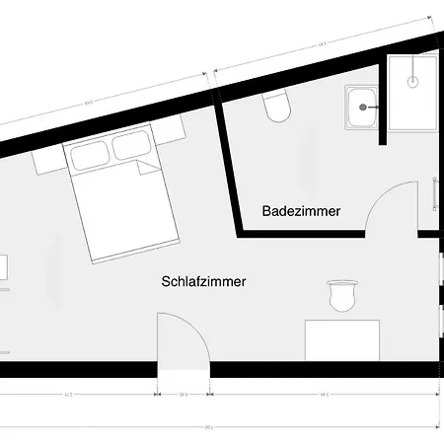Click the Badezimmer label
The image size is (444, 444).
click(301, 211)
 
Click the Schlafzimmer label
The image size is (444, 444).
click(203, 281)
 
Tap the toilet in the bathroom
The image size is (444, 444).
click(277, 106)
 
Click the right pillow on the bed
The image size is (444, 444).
click(130, 147)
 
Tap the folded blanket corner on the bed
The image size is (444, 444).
click(149, 171)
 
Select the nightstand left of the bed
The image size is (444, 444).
click(47, 157)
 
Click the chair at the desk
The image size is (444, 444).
click(341, 295)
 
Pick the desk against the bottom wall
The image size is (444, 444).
click(341, 338)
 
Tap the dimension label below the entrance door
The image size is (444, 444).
click(184, 395)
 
